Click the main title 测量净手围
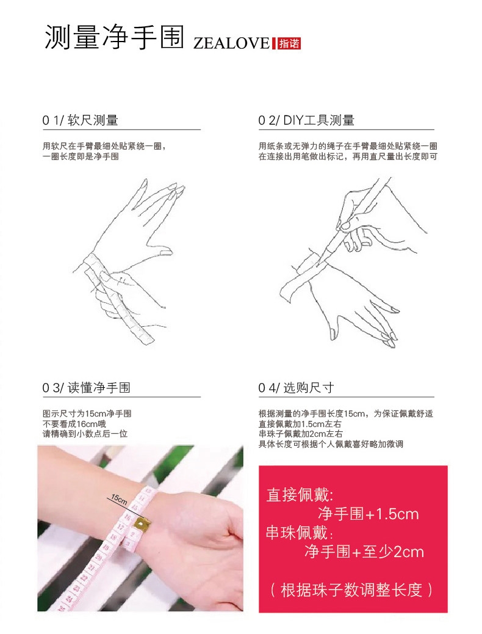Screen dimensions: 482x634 [x=114, y=37]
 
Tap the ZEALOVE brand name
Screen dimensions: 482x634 [x=231, y=43]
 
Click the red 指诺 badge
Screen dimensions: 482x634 [x=289, y=43]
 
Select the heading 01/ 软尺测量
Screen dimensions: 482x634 [x=80, y=120]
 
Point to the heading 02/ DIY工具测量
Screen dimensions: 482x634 [x=306, y=120]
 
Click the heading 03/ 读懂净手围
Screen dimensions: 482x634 [x=87, y=388]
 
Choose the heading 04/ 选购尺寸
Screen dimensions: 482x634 [x=296, y=388]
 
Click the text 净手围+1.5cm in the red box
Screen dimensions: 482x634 [x=368, y=514]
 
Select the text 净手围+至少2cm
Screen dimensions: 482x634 [x=364, y=552]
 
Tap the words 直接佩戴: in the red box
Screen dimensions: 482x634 [x=300, y=495]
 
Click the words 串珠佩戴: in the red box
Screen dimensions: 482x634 [x=300, y=533]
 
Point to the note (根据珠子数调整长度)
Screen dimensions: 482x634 [x=351, y=590]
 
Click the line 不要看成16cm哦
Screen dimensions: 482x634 [x=74, y=424]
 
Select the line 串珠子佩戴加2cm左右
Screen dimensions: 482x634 [x=301, y=434]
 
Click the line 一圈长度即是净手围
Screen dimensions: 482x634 [x=81, y=156]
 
